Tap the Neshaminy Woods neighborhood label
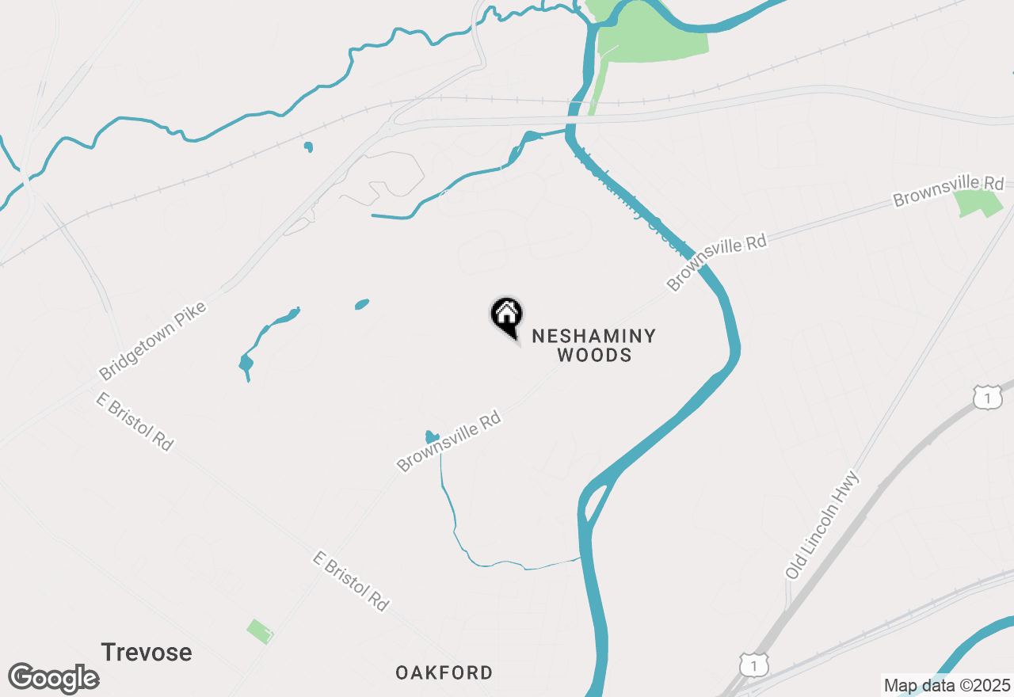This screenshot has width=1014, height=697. (x=594, y=345)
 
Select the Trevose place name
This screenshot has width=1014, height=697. (x=147, y=653)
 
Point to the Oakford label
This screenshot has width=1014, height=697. (x=444, y=673)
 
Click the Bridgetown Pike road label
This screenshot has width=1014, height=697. (x=153, y=340)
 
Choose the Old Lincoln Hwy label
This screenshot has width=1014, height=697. (x=822, y=524)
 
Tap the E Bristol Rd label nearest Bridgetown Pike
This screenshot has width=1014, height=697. (x=135, y=421)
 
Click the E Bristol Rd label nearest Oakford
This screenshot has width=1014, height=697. (x=351, y=581)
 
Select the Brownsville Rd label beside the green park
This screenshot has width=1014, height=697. (x=948, y=190)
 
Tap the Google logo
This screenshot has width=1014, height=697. (x=53, y=678)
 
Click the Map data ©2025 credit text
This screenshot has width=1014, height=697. (x=947, y=685)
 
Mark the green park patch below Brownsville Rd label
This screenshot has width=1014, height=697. (x=979, y=204)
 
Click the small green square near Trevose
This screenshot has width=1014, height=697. (x=260, y=631)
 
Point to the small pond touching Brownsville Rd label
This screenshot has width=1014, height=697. (x=432, y=436)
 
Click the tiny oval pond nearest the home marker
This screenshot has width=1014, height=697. (x=362, y=304)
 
